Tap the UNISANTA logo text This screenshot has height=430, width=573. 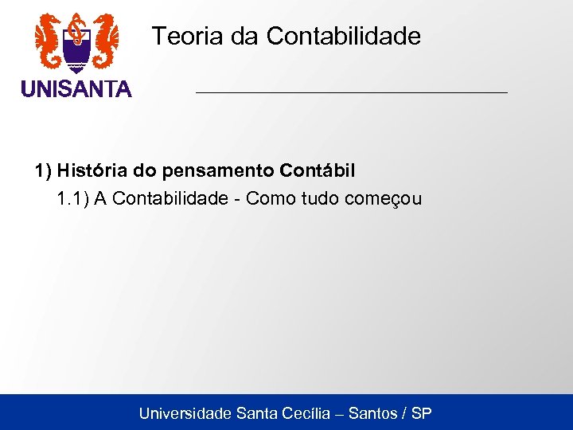click(x=76, y=89)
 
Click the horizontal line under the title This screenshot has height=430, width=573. click(x=351, y=93)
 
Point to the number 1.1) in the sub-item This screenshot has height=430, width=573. click(x=72, y=198)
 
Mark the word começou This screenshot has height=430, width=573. click(x=384, y=198)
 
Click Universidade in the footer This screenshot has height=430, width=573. click(x=185, y=413)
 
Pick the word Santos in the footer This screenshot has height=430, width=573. click(x=372, y=413)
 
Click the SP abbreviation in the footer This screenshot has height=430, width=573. click(x=422, y=413)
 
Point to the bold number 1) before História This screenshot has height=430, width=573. click(x=42, y=170)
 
